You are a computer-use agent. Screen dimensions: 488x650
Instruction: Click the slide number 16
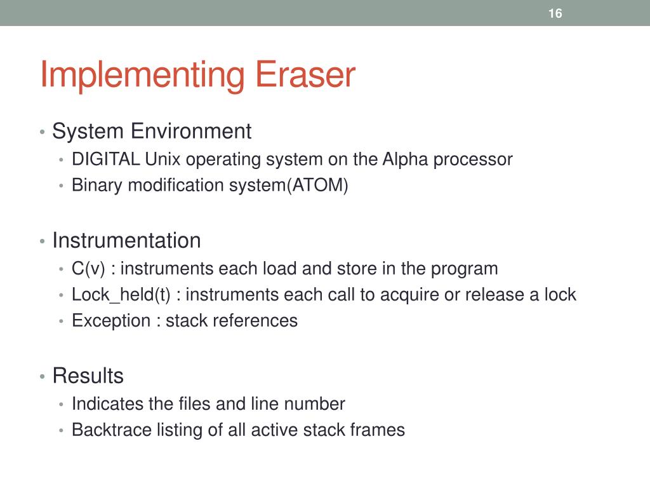pyautogui.click(x=555, y=13)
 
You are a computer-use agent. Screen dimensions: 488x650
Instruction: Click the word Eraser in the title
pyautogui.click(x=305, y=75)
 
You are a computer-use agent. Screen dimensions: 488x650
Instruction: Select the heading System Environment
pyautogui.click(x=152, y=132)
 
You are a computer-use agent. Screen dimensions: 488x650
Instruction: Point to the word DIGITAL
pyautogui.click(x=106, y=159)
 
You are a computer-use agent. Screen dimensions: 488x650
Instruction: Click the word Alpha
pyautogui.click(x=406, y=159)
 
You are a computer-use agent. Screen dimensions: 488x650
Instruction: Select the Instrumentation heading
pyautogui.click(x=126, y=241)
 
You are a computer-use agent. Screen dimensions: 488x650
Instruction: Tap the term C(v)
pyautogui.click(x=88, y=268)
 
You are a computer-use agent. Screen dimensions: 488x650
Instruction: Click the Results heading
pyautogui.click(x=88, y=376)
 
